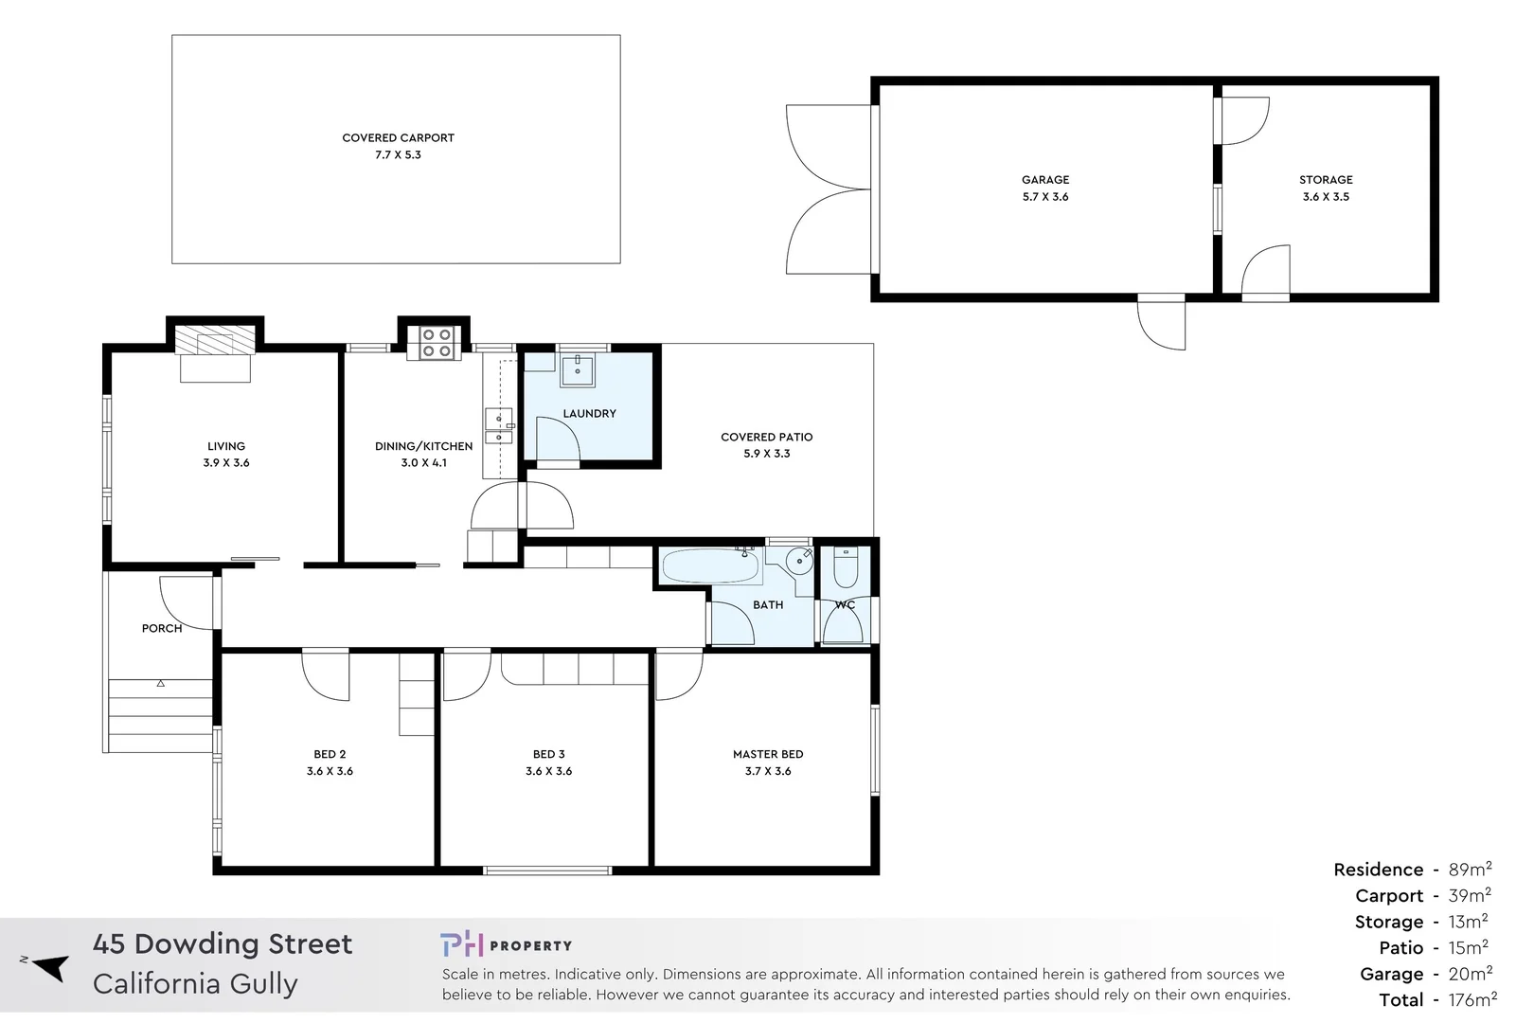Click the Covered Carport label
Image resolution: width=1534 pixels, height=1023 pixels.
coord(398,137)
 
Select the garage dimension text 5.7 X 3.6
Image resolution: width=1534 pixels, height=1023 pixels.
coord(1044,197)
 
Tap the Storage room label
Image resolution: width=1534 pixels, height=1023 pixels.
coord(1325,180)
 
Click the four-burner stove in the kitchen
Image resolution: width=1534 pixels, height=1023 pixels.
coord(436,343)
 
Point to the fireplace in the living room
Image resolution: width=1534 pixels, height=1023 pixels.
coord(216,341)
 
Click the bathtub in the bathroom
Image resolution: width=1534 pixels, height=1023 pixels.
coord(710,566)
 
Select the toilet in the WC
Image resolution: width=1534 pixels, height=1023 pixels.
coord(845,568)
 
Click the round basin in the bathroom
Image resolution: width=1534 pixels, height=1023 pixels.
coord(800,562)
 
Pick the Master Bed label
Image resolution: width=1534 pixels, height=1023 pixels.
coord(767,754)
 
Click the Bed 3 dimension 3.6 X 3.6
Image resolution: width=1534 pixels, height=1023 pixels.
coord(548,771)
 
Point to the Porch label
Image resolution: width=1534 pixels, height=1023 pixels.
coord(162,628)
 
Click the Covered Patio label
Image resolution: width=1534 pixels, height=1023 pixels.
coord(766,437)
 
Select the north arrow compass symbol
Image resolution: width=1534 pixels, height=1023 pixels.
coord(49,967)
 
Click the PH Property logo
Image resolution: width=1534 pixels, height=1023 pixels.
coord(506,944)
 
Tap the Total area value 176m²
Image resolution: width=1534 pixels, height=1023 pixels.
coord(1472,999)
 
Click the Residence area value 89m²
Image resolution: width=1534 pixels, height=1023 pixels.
coord(1470,870)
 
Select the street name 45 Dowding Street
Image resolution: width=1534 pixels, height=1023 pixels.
coord(223,943)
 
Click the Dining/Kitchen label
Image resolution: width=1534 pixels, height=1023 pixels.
coord(423,446)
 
